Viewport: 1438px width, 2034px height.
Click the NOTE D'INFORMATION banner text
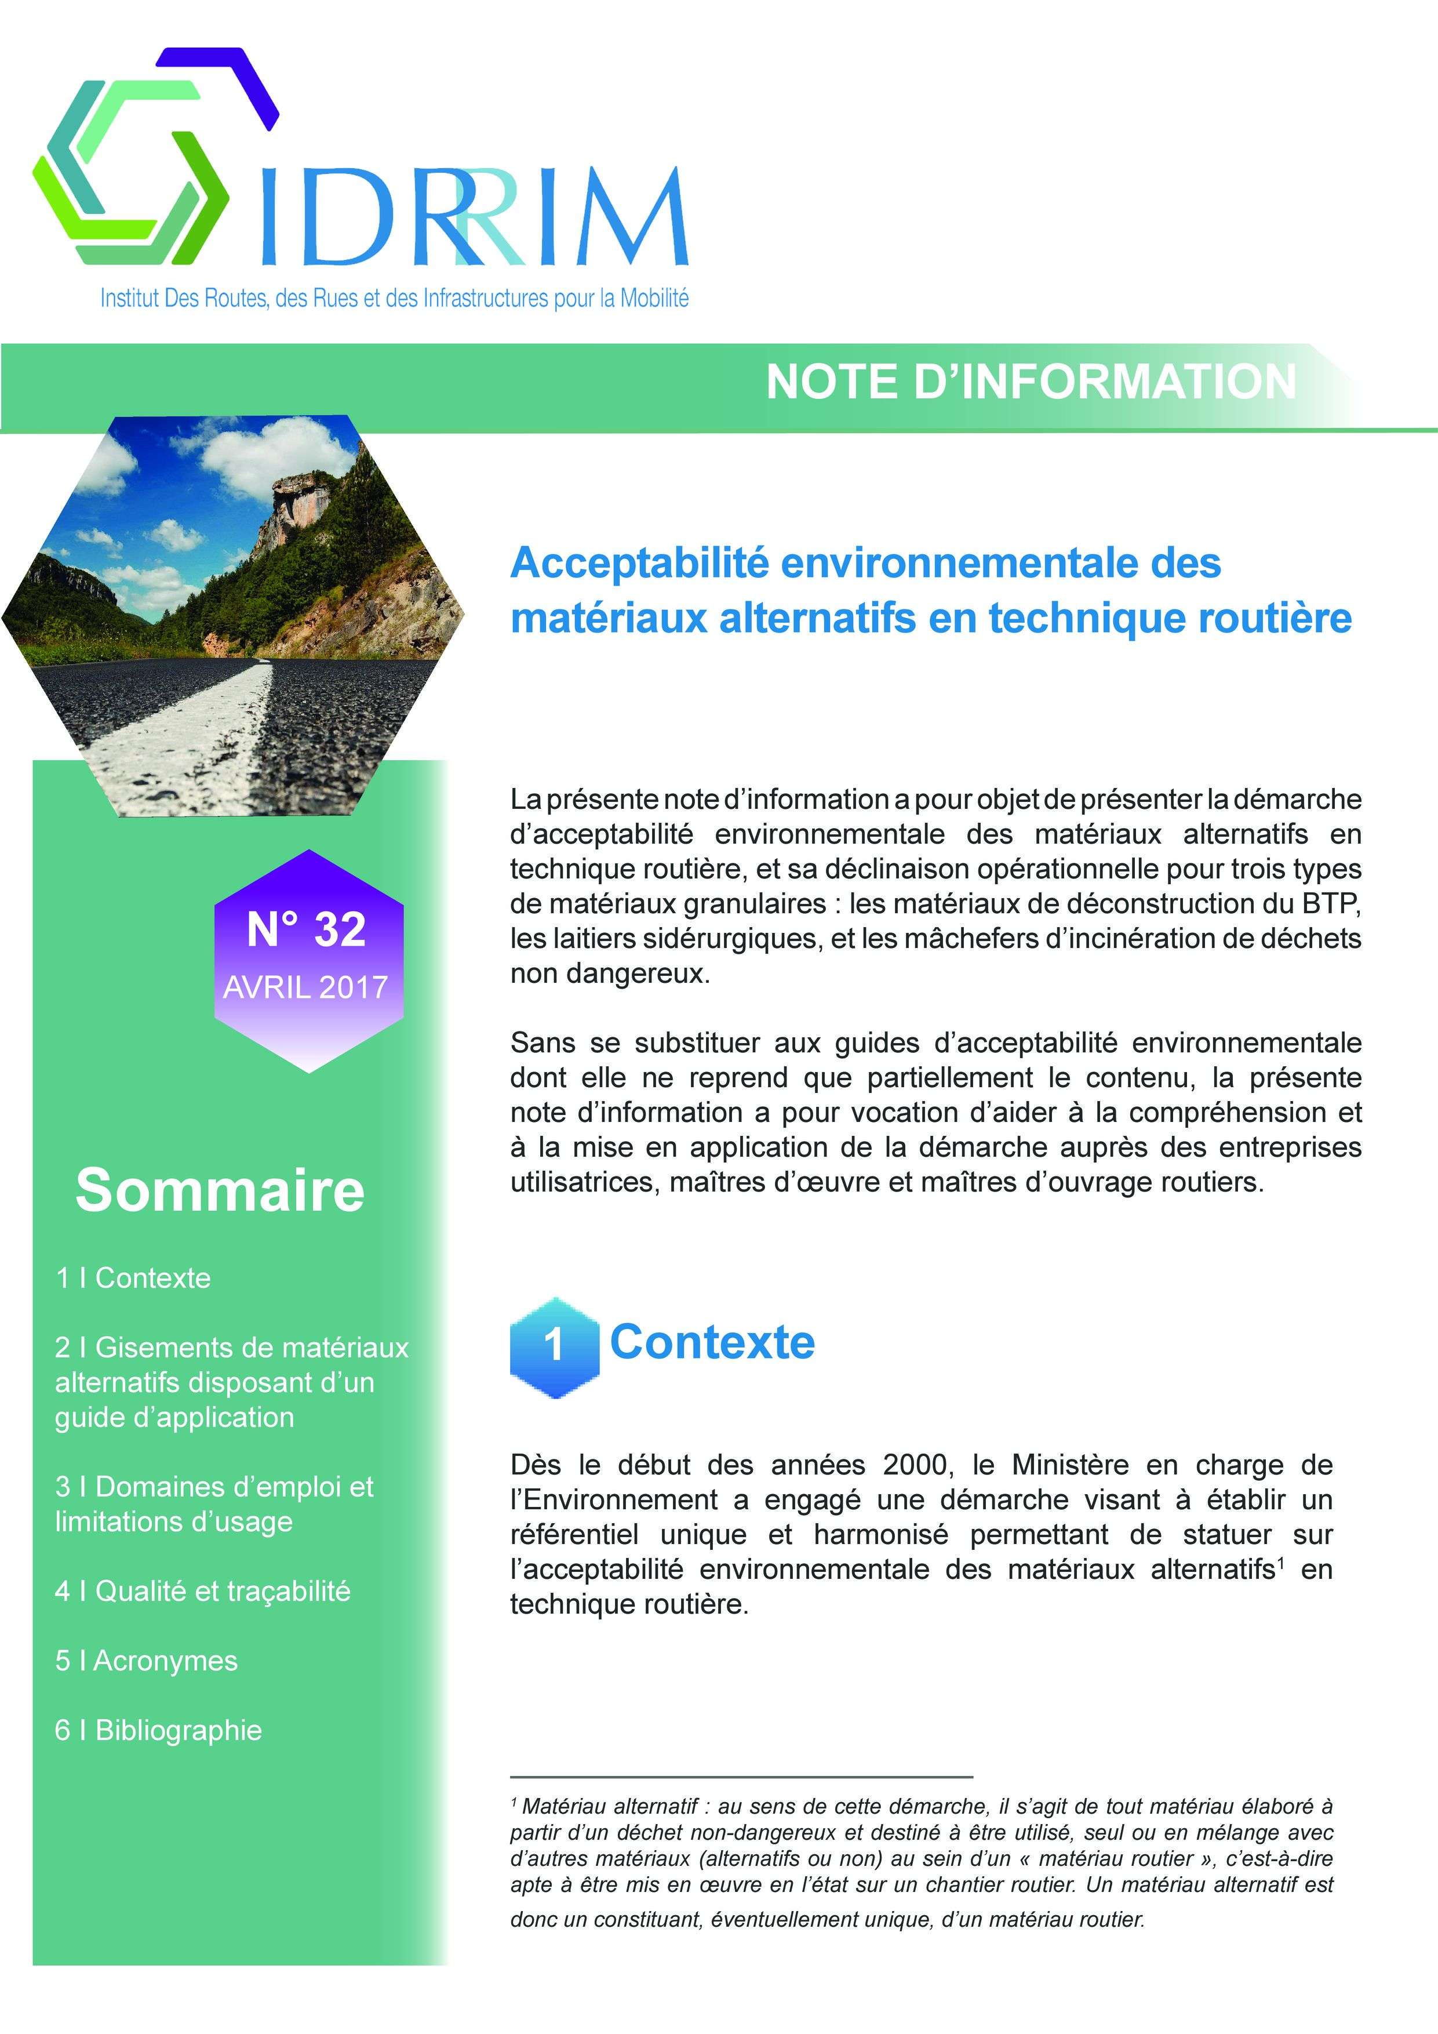click(x=1031, y=382)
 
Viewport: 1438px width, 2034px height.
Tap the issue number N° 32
click(x=307, y=929)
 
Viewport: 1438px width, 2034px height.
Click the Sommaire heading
click(x=220, y=1190)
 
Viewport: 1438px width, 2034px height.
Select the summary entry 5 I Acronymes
click(x=146, y=1660)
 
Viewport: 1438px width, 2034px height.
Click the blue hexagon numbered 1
click(x=554, y=1345)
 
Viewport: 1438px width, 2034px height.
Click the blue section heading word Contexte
click(x=712, y=1341)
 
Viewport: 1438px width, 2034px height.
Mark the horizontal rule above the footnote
click(x=741, y=1777)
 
